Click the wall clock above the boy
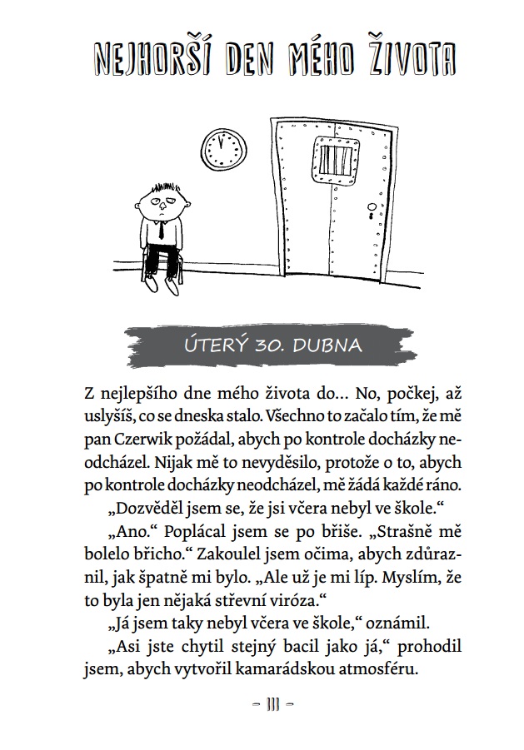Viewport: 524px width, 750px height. (225, 147)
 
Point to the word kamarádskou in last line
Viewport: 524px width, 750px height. (264, 668)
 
